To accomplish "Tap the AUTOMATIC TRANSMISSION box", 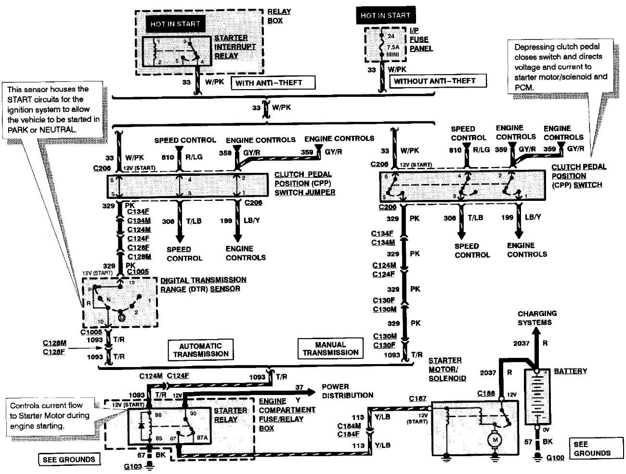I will (x=200, y=350).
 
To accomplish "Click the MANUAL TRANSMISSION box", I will (x=330, y=348).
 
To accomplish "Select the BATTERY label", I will (x=571, y=371).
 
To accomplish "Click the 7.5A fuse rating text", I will (x=393, y=48).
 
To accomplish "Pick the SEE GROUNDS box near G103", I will (x=69, y=460).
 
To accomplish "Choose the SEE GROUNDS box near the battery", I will (x=592, y=448).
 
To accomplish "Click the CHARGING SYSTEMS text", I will (x=537, y=318).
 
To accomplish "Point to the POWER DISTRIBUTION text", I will (x=348, y=391).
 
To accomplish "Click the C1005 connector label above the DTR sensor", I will (x=139, y=272).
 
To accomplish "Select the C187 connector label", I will (x=417, y=398).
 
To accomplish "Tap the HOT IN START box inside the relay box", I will (x=175, y=24).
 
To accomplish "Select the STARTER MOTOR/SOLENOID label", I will (x=447, y=369).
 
